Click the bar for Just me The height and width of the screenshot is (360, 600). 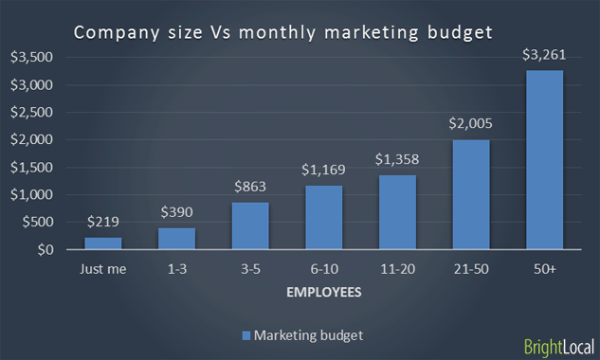(102, 243)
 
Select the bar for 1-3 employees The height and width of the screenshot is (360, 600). (176, 239)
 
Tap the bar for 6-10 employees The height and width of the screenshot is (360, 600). (323, 218)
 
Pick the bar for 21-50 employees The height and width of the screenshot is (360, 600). (471, 195)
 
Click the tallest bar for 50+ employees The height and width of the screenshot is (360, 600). (545, 160)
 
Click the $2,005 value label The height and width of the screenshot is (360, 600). (471, 123)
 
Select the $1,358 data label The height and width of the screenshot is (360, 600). (397, 159)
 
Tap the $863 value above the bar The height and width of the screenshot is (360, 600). (250, 187)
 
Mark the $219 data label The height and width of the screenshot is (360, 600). (102, 222)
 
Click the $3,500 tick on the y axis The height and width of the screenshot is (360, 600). (33, 57)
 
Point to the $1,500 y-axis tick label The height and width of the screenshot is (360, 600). (33, 168)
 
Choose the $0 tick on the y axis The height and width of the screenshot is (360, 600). (45, 250)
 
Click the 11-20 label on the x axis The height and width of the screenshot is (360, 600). (397, 270)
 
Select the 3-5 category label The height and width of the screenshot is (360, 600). (250, 270)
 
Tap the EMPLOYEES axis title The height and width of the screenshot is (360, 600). (323, 293)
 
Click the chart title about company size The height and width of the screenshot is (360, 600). (283, 33)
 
